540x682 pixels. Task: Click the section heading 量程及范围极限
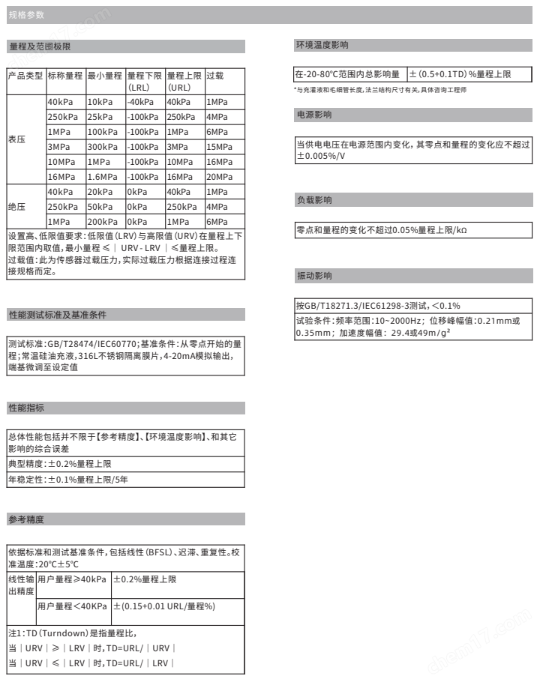pos(40,46)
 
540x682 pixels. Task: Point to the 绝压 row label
pos(16,206)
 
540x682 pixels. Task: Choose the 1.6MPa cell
pos(102,177)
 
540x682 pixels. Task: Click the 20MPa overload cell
pos(217,177)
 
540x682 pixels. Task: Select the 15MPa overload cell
pos(217,146)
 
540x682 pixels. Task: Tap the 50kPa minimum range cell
pos(100,207)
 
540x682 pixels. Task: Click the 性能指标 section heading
pos(26,408)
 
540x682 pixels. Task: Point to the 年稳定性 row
pos(59,478)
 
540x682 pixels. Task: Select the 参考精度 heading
pos(26,518)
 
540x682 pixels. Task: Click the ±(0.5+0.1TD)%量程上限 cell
pos(460,74)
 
